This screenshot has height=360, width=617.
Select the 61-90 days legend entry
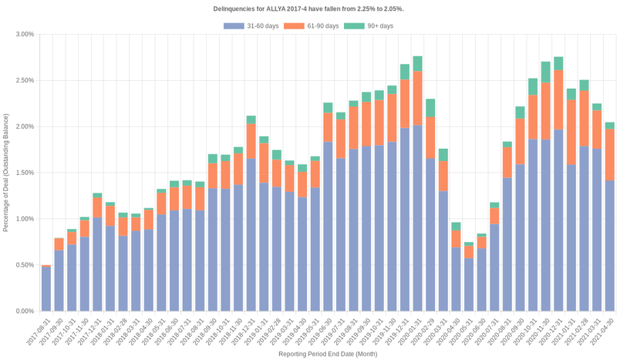[x=311, y=26]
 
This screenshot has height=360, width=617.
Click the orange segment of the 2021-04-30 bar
[x=609, y=154]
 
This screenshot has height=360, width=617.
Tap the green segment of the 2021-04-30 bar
[x=609, y=126]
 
